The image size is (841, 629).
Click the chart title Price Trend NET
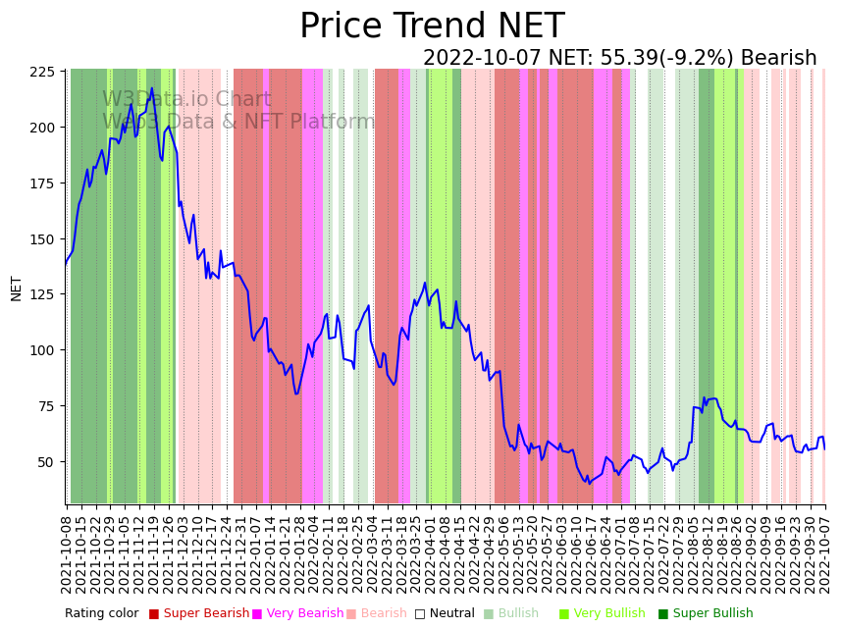pos(432,26)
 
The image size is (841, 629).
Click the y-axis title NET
pos(17,288)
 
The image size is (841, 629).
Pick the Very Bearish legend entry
pos(297,613)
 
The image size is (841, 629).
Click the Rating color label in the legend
pos(102,613)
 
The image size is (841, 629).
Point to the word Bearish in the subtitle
pos(779,58)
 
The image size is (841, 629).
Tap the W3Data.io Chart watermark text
pos(186,99)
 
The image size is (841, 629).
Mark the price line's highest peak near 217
pos(151,88)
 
